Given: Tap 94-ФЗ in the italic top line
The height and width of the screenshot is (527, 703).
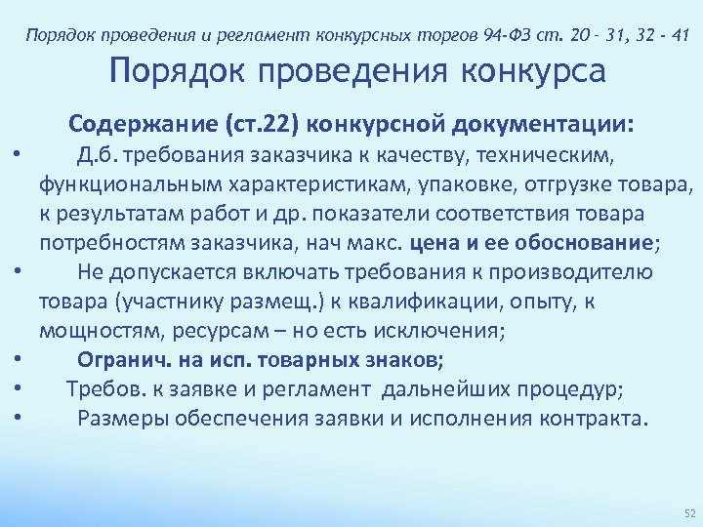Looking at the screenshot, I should [506, 37].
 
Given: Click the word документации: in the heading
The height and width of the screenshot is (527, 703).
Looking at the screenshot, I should [545, 125].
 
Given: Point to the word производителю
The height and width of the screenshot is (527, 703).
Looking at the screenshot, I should [581, 271].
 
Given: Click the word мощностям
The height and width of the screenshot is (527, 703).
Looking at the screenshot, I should [93, 330].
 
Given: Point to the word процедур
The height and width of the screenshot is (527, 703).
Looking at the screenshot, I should [576, 389].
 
